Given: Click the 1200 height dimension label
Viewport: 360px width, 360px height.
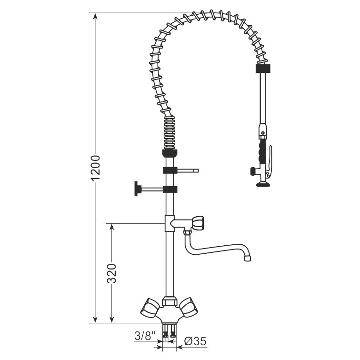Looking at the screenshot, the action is (96, 168).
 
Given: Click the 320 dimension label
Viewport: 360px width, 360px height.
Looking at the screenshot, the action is (112, 273).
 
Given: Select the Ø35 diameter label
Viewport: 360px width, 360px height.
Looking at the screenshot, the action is (195, 341).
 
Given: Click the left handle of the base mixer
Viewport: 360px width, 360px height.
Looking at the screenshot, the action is (150, 307).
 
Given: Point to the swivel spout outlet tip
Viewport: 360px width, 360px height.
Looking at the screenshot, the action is (247, 258).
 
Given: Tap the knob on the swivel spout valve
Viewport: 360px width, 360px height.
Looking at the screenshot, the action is (198, 223).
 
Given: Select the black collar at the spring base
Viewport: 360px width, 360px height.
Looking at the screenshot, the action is (170, 153).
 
